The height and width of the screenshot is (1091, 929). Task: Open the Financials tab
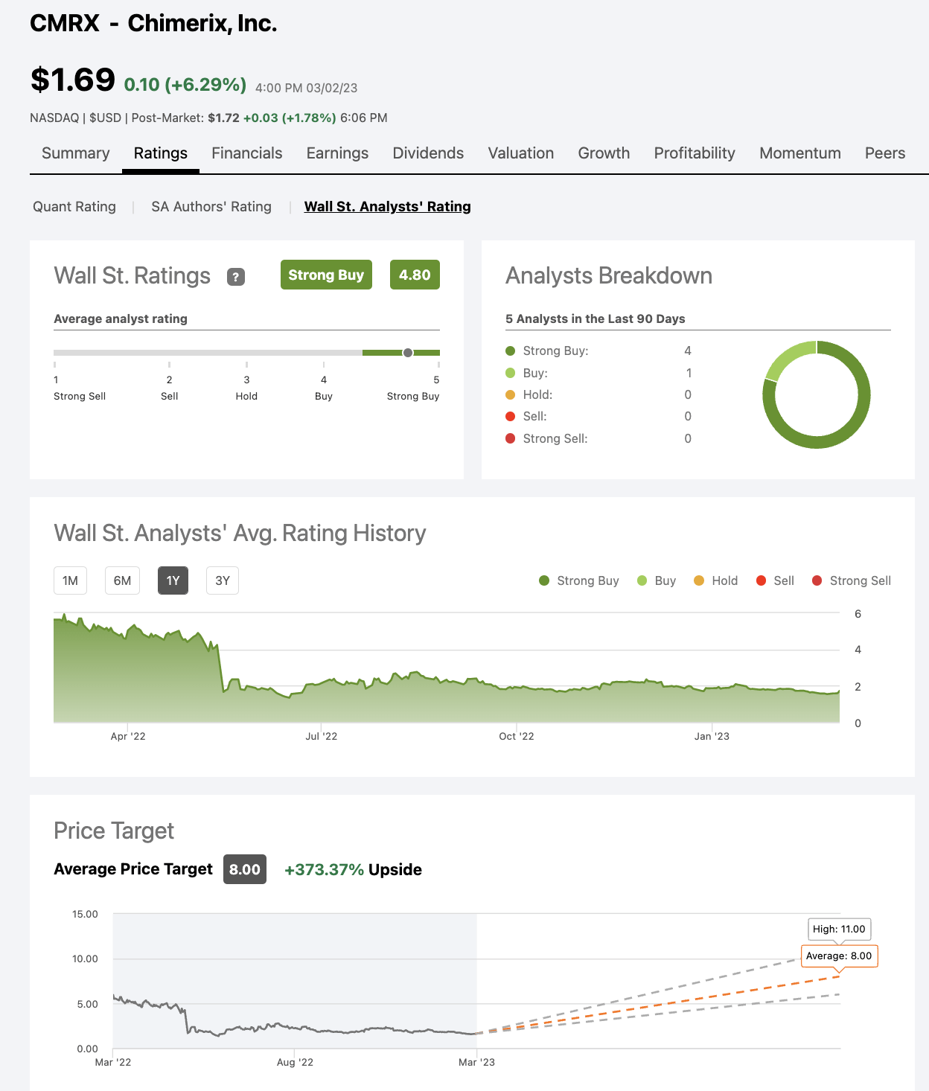click(x=246, y=153)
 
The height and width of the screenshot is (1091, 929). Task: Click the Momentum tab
click(x=799, y=153)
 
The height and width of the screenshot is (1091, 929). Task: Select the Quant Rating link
click(x=74, y=207)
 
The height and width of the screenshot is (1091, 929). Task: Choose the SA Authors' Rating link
click(x=211, y=207)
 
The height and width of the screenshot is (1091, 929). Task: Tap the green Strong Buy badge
click(x=326, y=275)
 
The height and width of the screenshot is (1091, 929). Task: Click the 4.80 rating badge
click(x=415, y=275)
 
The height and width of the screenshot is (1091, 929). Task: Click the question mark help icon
click(x=236, y=277)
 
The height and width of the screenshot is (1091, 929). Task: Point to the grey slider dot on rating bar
click(x=408, y=353)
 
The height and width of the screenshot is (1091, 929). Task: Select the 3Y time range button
click(x=222, y=580)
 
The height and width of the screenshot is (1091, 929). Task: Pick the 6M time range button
click(x=122, y=580)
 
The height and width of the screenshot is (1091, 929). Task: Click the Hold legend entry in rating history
click(x=715, y=580)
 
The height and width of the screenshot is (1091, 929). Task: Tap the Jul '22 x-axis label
click(x=321, y=736)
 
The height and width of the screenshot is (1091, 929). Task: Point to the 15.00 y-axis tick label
click(x=85, y=914)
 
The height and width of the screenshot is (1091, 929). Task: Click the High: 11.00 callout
click(x=839, y=929)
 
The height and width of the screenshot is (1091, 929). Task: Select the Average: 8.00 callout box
click(x=839, y=956)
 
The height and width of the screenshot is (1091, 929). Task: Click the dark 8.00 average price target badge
click(x=245, y=869)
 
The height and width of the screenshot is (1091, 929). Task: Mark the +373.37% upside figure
click(x=325, y=870)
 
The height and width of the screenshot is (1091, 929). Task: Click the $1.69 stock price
click(x=72, y=80)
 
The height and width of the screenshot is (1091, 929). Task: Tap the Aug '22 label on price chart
click(x=295, y=1062)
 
